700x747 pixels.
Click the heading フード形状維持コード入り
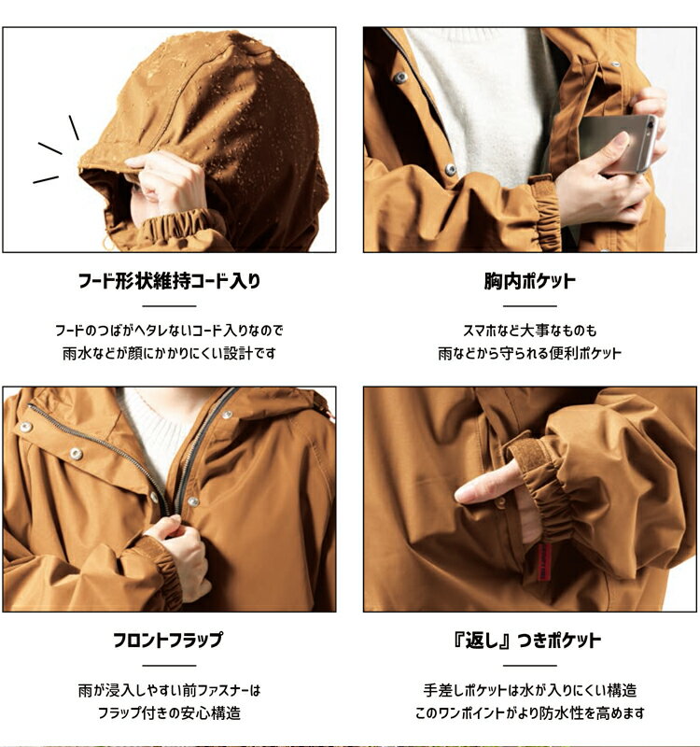(x=169, y=281)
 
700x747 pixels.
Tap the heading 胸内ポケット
(x=529, y=281)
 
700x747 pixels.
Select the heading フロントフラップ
(x=169, y=641)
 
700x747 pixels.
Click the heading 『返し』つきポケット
(x=529, y=641)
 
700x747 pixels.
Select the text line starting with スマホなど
(x=529, y=331)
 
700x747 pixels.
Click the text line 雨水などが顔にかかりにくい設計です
(x=169, y=354)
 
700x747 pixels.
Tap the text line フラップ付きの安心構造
(x=169, y=713)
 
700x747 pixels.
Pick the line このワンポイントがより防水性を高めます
(x=529, y=713)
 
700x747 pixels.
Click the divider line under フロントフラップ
(x=169, y=666)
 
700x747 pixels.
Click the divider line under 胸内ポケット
(x=529, y=306)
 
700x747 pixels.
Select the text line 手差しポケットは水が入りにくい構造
(x=529, y=690)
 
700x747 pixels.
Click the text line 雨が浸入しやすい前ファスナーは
(x=169, y=691)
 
